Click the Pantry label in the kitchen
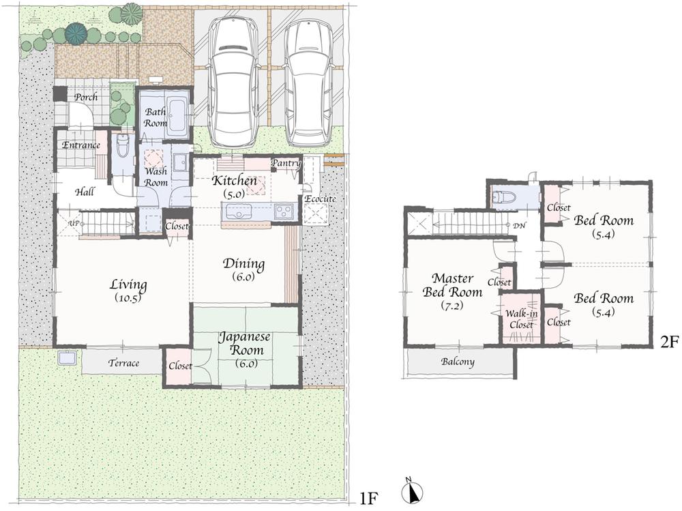[285, 163]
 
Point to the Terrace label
[123, 363]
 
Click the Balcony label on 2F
[458, 362]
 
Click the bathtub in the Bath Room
[177, 116]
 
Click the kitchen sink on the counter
[283, 212]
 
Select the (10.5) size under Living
[128, 297]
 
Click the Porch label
[86, 98]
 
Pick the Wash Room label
[155, 177]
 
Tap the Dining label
[244, 265]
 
